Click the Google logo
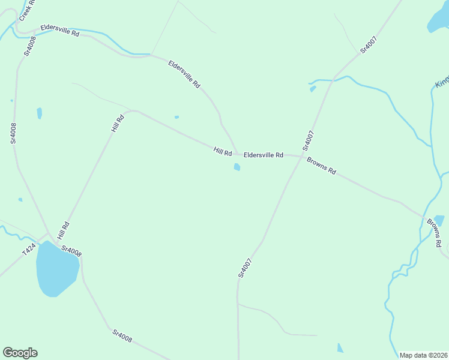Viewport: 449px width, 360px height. click(20, 353)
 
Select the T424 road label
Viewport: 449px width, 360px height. click(29, 250)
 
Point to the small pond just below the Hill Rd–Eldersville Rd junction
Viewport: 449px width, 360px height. click(237, 167)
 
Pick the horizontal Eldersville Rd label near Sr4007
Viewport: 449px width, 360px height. click(264, 155)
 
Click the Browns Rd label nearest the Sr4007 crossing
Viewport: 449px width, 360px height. click(321, 166)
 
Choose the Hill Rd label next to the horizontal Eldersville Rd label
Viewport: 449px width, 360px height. click(223, 151)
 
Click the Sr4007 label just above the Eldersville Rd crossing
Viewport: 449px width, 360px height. click(309, 140)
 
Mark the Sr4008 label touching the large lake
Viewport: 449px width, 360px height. click(71, 251)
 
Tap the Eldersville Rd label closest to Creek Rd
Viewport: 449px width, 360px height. click(60, 31)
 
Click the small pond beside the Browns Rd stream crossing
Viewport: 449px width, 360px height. click(439, 220)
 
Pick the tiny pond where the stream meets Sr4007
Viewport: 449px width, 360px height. click(313, 89)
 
